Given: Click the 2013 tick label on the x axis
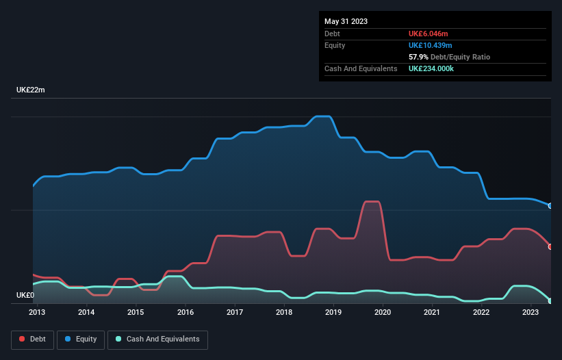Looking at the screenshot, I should (37, 313).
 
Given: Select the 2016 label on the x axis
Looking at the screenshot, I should (185, 313).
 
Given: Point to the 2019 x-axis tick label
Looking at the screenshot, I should (333, 313).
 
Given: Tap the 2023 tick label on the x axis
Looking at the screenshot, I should (531, 313).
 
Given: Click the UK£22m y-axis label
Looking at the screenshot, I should (30, 90).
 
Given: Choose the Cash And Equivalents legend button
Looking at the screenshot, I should (157, 339).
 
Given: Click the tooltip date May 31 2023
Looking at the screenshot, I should (346, 21).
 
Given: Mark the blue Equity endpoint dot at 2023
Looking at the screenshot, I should (550, 206).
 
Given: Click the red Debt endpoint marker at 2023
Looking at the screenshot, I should (550, 246).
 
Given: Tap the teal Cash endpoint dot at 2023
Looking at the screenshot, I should (550, 301).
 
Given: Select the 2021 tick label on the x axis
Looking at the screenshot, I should (432, 313).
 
